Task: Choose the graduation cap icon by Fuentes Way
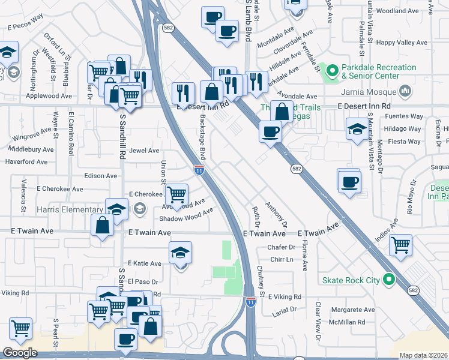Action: pyautogui.click(x=357, y=129)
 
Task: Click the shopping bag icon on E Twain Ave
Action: pyautogui.click(x=103, y=226)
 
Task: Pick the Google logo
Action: pyautogui.click(x=20, y=353)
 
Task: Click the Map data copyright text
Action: pyautogui.click(x=424, y=355)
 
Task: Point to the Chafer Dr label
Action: pyautogui.click(x=282, y=247)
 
